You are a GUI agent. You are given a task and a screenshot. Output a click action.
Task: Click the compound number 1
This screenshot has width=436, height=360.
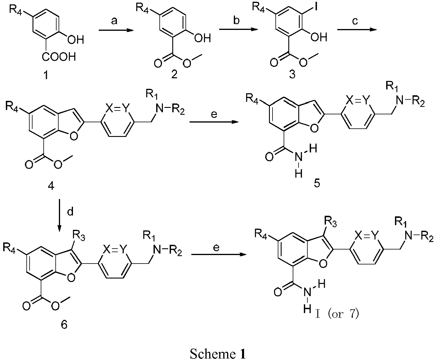(46, 74)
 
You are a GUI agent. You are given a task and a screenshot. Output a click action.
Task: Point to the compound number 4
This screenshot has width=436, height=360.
(51, 185)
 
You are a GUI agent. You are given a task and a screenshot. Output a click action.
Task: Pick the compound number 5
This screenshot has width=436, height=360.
(317, 183)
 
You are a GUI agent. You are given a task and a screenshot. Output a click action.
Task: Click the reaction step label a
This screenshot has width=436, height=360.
(114, 21)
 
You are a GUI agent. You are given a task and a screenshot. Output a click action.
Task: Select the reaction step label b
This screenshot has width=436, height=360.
(236, 20)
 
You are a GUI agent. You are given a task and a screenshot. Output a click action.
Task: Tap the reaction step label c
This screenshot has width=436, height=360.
(355, 21)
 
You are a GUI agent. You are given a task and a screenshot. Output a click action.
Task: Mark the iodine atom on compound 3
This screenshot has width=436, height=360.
(316, 7)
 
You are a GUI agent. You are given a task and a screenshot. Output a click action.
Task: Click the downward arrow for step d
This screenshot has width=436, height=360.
(59, 215)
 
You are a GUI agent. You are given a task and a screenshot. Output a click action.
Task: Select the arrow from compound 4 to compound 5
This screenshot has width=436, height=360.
(214, 122)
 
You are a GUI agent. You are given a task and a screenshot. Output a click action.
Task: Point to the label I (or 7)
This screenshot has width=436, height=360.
(337, 314)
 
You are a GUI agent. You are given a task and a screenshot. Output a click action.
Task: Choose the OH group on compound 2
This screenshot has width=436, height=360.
(202, 38)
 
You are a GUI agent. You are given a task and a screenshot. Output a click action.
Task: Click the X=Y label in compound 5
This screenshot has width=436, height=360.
(358, 101)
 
